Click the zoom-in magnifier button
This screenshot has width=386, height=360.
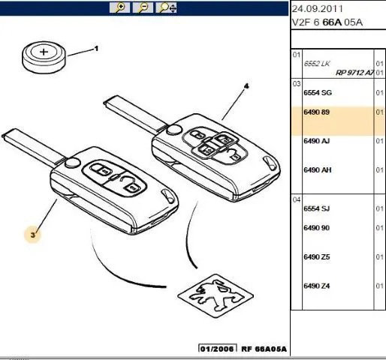[x=119, y=7]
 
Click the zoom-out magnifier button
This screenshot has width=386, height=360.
[x=143, y=7]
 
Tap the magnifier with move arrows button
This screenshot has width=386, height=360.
[x=166, y=7]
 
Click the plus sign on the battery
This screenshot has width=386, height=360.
[x=44, y=52]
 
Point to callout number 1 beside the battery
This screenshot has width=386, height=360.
[x=96, y=49]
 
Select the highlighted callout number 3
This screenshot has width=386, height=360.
[x=33, y=235]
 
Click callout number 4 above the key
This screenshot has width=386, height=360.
[x=246, y=86]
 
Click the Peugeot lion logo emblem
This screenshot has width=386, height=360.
[x=216, y=295]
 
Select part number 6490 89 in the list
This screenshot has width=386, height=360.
[x=316, y=112]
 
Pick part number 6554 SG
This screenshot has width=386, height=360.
[x=318, y=93]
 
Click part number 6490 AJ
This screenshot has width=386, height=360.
[x=316, y=141]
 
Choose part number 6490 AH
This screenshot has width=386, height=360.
[x=317, y=170]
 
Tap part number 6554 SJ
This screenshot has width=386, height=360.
[x=316, y=208]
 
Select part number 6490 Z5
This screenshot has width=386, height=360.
[x=316, y=256]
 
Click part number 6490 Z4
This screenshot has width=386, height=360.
[x=316, y=286]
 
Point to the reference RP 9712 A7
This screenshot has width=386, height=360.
[x=354, y=73]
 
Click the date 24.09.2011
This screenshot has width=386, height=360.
[x=317, y=9]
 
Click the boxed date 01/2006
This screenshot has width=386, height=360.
[x=218, y=349]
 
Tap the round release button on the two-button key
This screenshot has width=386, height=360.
[x=73, y=163]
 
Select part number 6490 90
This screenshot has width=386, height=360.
[x=316, y=228]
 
